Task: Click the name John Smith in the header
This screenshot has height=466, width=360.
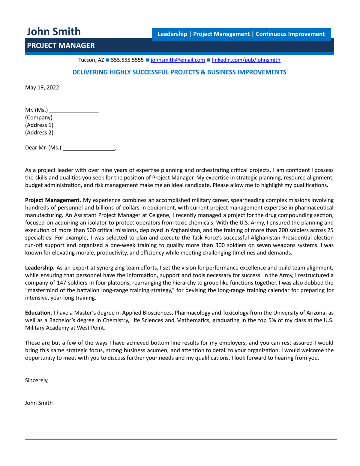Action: (x=54, y=32)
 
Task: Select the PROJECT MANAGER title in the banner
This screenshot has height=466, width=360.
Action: (x=61, y=46)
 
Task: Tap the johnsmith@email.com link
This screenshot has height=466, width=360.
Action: (x=178, y=60)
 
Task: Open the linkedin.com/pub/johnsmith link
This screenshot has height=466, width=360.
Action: (x=246, y=60)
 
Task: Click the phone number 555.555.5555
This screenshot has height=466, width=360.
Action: (x=127, y=60)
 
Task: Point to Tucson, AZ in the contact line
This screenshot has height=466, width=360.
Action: (x=91, y=60)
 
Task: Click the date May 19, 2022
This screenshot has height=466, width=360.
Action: (x=42, y=88)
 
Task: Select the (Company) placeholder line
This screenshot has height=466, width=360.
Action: (x=39, y=118)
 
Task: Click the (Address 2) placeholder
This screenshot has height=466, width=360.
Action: (x=39, y=133)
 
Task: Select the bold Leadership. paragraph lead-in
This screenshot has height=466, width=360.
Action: (x=40, y=268)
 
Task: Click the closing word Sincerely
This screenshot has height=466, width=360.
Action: (x=37, y=380)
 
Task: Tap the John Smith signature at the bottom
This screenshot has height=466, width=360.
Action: (x=39, y=403)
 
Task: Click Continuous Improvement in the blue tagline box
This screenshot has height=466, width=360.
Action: (x=290, y=34)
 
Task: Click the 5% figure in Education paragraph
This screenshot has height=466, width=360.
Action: (x=272, y=320)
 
